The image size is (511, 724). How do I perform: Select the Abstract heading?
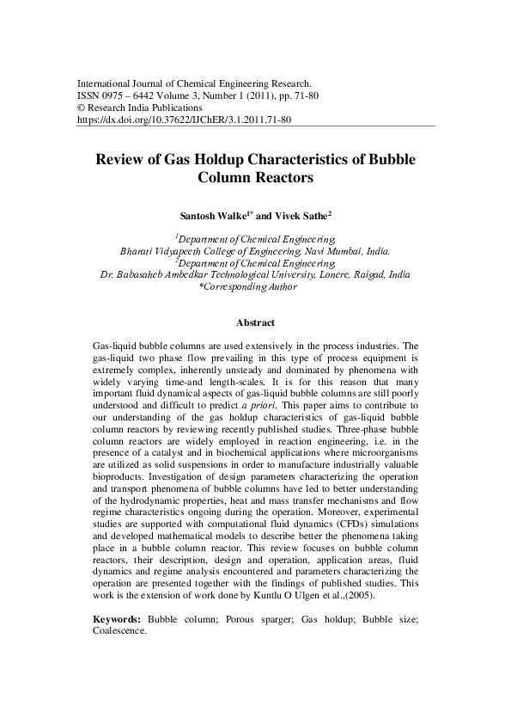point(255,323)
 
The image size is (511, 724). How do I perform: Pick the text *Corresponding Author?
point(247,287)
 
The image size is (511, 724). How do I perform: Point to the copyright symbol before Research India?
point(82,108)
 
